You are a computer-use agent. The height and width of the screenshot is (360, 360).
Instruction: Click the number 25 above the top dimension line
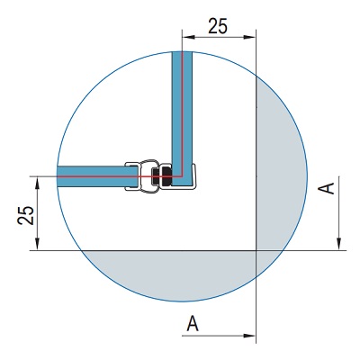pos(218,26)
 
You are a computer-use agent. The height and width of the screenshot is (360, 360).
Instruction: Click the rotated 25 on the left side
pos(26,215)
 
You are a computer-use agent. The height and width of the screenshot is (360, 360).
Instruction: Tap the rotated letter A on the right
pos(327,188)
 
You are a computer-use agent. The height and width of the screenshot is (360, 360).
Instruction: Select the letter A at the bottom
pos(193,323)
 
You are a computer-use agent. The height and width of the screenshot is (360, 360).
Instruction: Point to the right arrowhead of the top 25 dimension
pos(249,37)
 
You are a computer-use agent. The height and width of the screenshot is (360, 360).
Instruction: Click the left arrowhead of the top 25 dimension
pos(188,37)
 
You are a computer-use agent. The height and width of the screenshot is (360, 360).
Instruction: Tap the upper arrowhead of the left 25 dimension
pos(37,183)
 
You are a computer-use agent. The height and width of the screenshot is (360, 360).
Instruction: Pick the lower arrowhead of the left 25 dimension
pos(37,244)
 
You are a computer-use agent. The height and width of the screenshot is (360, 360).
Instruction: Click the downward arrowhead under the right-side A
pos(338,244)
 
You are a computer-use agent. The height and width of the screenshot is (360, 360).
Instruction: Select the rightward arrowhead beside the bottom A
pos(249,336)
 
